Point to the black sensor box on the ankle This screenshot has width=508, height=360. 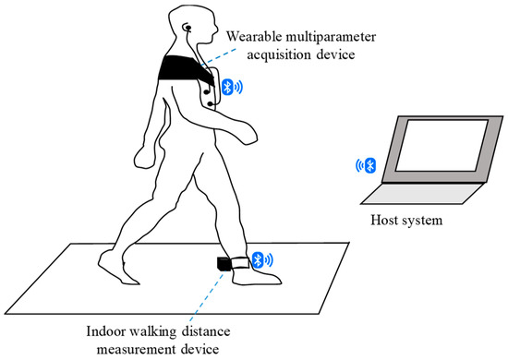click(224, 263)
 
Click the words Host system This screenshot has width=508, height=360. click(407, 222)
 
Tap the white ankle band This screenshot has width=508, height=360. click(242, 261)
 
